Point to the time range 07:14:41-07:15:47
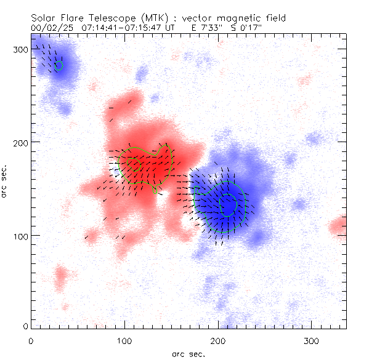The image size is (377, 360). (x=121, y=28)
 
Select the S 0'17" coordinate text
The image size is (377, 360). (x=246, y=28)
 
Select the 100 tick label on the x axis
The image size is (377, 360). (x=124, y=340)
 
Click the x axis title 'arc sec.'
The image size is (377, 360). (x=188, y=353)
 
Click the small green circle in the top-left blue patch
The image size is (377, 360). (x=59, y=65)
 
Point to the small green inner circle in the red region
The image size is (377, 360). (x=136, y=164)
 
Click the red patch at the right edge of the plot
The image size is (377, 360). (x=338, y=226)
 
